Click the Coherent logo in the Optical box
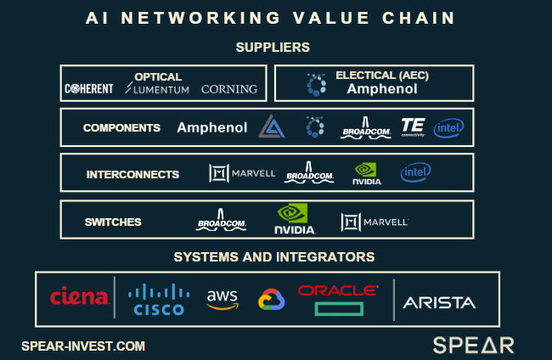point(88,89)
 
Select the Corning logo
point(228,89)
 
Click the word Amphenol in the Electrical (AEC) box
point(382,89)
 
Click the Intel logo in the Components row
point(448,128)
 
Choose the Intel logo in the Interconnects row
point(415,173)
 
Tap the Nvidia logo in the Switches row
point(295,219)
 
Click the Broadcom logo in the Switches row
point(221,220)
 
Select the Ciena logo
point(79,297)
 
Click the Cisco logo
point(158,300)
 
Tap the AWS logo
point(222,299)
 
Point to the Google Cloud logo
point(271,300)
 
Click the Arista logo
point(439,302)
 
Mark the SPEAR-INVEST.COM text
point(83,346)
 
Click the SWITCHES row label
point(113,222)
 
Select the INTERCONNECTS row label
point(132,175)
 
